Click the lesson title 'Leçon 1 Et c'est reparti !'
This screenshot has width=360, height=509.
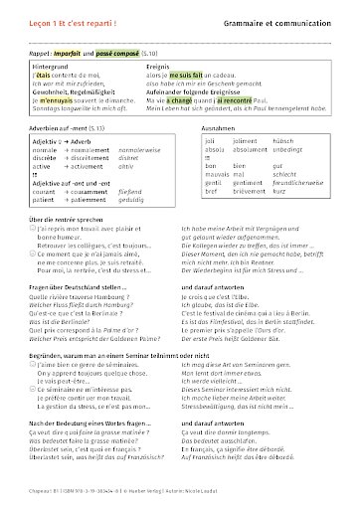click(67, 19)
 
